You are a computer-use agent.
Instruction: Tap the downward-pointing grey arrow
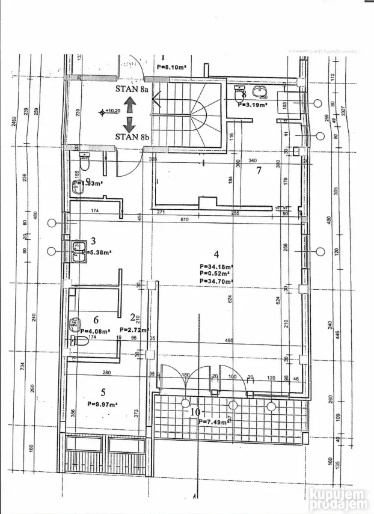129,123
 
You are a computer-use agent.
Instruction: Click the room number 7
259,170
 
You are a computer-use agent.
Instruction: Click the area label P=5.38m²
100,253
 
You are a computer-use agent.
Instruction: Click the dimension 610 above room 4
184,220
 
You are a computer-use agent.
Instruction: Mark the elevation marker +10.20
111,111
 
